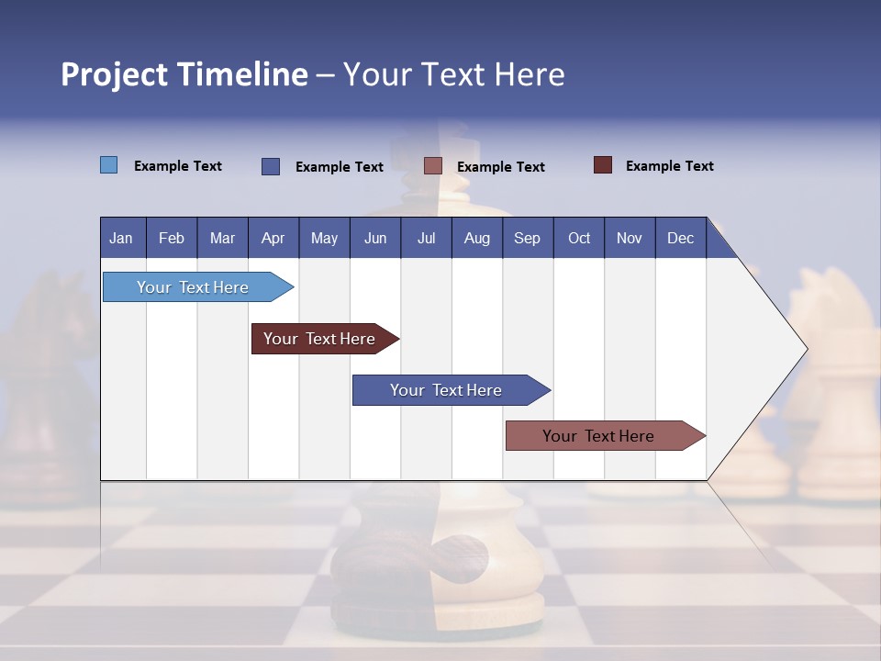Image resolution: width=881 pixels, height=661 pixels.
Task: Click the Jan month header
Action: click(122, 238)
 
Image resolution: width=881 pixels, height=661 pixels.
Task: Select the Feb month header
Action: click(172, 238)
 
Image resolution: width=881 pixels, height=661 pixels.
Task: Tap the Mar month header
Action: click(222, 238)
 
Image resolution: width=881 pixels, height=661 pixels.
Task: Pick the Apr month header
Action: click(273, 238)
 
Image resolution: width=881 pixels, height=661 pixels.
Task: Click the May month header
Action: click(324, 238)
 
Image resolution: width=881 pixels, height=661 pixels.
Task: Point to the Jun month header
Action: click(375, 238)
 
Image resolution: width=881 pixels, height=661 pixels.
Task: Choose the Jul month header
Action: click(426, 238)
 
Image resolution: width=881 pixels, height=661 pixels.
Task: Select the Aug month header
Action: click(477, 238)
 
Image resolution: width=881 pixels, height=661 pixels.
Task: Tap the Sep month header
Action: click(528, 238)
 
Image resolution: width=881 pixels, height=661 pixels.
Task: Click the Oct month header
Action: click(579, 238)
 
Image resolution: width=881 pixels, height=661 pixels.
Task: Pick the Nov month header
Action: click(630, 238)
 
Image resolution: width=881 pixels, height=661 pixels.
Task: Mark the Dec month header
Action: click(681, 238)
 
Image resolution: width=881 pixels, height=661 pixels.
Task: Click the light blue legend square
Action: click(108, 165)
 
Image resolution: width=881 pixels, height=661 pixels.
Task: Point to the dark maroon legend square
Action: click(602, 165)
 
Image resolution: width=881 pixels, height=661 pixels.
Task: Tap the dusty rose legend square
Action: click(433, 166)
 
